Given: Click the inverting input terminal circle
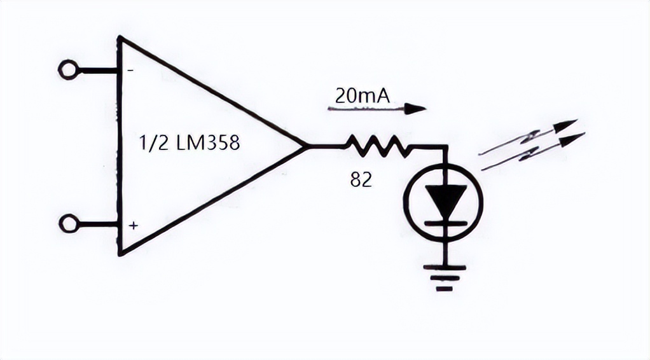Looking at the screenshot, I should point(68,69).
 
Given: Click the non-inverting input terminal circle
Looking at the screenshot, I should point(68,223).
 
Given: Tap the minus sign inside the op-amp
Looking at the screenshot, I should point(130,71).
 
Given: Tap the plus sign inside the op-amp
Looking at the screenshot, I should point(133,225).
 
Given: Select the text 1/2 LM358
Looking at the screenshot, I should point(190,143).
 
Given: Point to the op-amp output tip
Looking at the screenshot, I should point(307,146).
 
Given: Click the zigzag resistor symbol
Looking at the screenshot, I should point(377,146).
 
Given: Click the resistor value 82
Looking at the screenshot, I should point(361,180).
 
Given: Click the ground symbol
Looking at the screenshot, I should point(445,278).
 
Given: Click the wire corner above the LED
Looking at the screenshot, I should point(445,147).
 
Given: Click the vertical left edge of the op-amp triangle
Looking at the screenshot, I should point(119,146).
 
